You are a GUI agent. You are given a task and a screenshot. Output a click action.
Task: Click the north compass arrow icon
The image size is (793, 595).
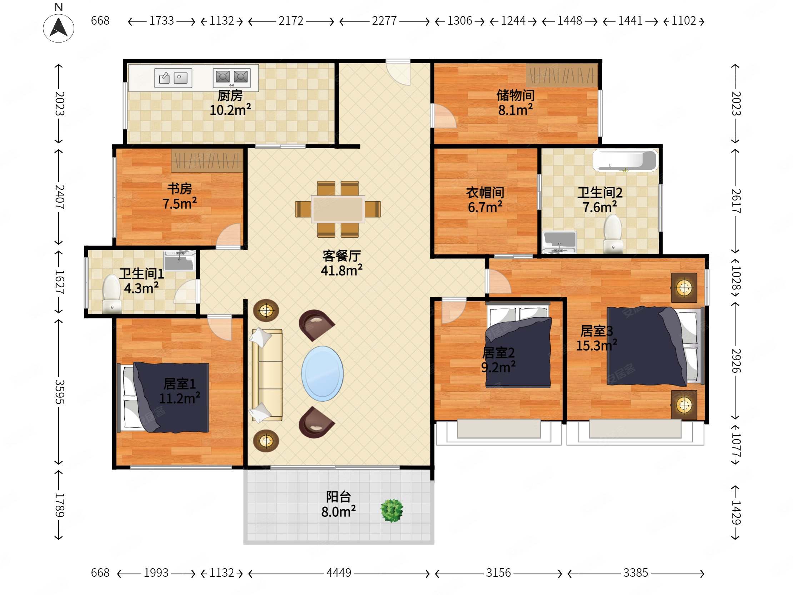(x=59, y=28)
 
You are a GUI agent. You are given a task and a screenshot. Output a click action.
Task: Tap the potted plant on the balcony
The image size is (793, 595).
(x=392, y=510)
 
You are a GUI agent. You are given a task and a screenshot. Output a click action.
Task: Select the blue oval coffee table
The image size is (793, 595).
(x=322, y=373)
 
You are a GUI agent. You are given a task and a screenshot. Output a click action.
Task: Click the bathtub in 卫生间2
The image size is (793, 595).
(x=625, y=160)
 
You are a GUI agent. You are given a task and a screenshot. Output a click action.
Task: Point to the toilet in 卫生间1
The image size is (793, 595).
(x=111, y=294)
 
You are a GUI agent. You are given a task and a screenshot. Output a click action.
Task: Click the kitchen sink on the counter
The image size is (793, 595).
(x=173, y=78)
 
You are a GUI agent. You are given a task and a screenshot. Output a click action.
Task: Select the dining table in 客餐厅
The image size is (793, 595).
(x=338, y=209)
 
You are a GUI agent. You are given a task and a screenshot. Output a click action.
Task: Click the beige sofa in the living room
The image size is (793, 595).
(x=267, y=375)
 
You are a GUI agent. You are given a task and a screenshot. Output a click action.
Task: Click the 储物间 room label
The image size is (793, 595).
(x=515, y=95)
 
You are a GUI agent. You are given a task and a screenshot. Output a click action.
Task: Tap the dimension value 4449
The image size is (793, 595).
(x=339, y=572)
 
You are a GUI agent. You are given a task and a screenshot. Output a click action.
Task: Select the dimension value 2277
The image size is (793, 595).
(x=384, y=21)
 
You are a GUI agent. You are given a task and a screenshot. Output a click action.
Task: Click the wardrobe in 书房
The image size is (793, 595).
(x=207, y=161)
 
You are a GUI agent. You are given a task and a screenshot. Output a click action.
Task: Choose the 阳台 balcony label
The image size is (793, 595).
(x=338, y=497)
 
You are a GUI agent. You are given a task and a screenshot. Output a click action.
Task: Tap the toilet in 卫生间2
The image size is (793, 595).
(x=613, y=234)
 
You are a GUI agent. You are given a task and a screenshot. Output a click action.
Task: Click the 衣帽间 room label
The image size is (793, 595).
(x=485, y=193)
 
